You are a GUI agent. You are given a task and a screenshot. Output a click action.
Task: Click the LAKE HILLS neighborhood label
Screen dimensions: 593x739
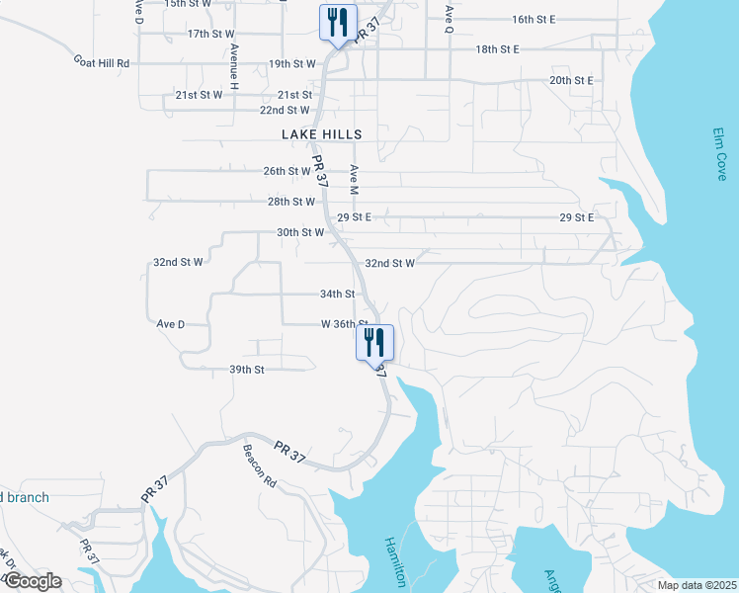pos(322,134)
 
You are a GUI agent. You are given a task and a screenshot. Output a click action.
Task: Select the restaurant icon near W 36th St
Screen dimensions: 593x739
pos(375,343)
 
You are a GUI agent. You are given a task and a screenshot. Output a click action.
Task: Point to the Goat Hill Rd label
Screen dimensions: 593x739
pos(102,61)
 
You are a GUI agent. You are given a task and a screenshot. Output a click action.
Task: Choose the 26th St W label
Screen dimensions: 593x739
pos(288,171)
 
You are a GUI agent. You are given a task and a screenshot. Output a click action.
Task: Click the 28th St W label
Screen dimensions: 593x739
pos(291,202)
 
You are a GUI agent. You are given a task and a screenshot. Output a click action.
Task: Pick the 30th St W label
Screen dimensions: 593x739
pos(300,232)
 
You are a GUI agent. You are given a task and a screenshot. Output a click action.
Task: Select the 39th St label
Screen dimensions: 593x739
pos(247,370)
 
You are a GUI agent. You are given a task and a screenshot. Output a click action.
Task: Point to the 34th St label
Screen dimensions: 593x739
pos(337,294)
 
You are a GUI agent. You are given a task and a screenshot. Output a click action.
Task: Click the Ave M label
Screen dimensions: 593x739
pos(353,179)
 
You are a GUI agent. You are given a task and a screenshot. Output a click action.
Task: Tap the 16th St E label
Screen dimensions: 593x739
pos(534,19)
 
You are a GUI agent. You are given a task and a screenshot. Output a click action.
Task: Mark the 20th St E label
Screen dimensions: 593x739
pos(571,80)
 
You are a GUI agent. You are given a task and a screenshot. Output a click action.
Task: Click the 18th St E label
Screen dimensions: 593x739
pos(497,48)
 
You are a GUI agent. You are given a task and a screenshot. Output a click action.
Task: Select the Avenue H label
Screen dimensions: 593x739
pos(234,67)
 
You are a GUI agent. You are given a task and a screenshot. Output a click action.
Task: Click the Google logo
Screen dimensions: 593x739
pos(32,581)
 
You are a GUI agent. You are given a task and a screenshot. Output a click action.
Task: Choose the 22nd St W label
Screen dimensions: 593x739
pos(285,110)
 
